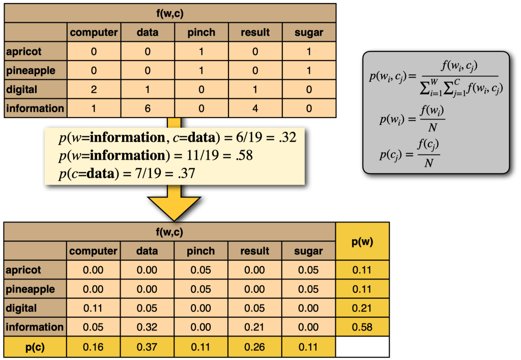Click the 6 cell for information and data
pos(147,108)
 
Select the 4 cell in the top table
pos(255,108)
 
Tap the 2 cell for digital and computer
pos(94,90)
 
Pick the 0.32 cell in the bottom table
pos(147,327)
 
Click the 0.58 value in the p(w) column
pos(362,327)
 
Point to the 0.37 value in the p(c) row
pos(147,347)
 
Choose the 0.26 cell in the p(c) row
pos(255,347)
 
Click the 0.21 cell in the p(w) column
pos(362,309)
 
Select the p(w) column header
pos(362,242)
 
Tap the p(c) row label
pos(35,347)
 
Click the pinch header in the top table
pos(201,33)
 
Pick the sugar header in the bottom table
pos(309,251)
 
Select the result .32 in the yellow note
pos(287,138)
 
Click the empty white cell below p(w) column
pos(362,347)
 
